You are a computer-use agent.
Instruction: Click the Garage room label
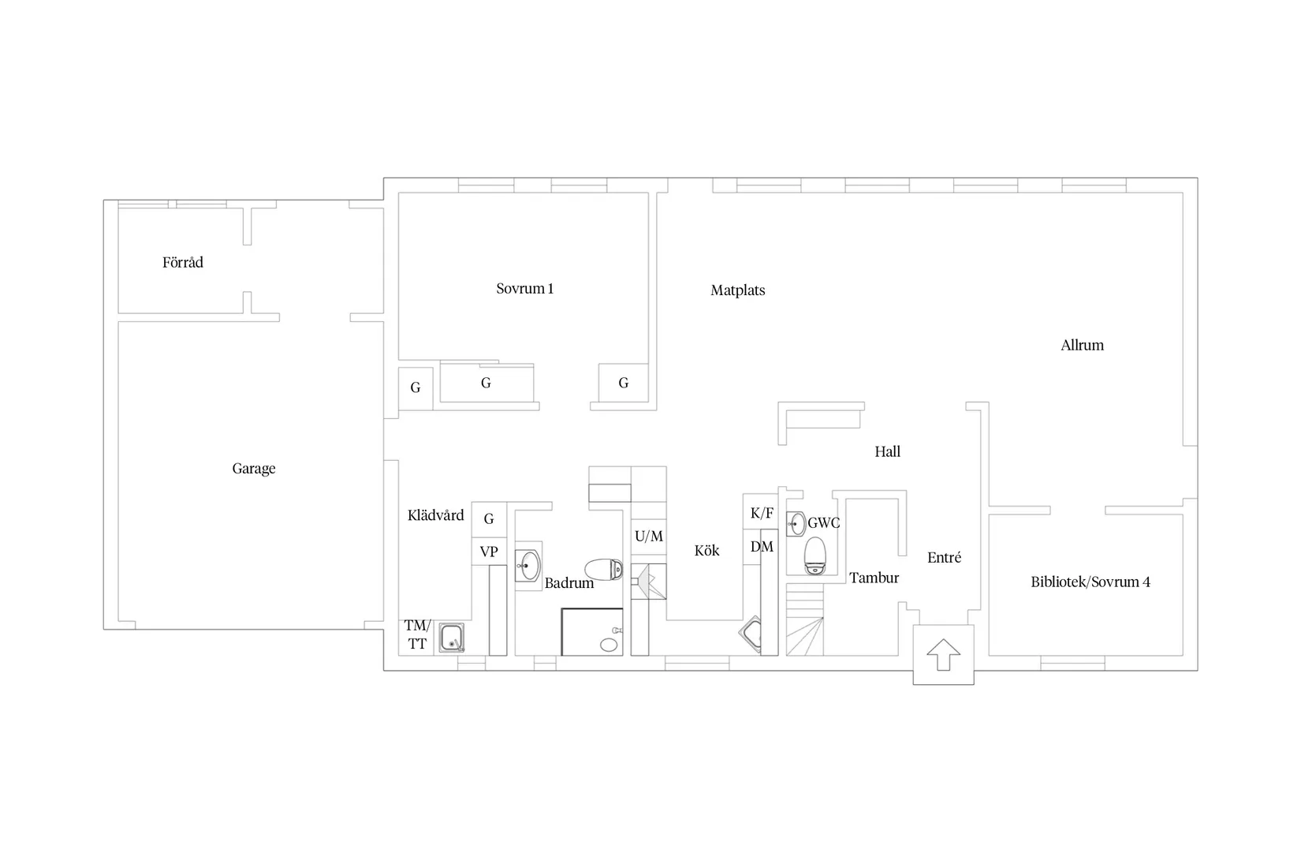click(x=254, y=469)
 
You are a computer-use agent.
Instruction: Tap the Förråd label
click(x=183, y=262)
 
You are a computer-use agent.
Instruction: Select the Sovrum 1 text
click(x=525, y=288)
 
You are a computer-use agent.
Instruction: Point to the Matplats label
click(x=737, y=290)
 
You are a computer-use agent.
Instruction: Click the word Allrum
click(x=1082, y=346)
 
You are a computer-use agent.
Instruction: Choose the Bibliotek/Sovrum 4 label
click(x=1090, y=582)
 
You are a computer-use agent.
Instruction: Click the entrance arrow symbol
click(x=943, y=655)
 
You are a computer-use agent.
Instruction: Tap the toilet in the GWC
click(x=815, y=556)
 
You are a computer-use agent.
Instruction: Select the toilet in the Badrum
click(x=603, y=570)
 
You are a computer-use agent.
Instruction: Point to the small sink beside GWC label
click(x=796, y=524)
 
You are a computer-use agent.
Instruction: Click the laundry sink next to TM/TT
click(x=451, y=638)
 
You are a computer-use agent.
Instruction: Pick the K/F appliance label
click(x=762, y=513)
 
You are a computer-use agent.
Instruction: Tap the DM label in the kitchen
click(x=762, y=547)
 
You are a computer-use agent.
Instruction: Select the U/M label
click(x=649, y=536)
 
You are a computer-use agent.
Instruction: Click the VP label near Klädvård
click(x=488, y=551)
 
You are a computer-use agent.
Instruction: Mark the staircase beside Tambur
click(x=805, y=619)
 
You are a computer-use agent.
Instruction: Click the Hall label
click(x=888, y=451)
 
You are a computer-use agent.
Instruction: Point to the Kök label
click(x=706, y=551)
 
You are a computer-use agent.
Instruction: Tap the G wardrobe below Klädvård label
click(x=489, y=519)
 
